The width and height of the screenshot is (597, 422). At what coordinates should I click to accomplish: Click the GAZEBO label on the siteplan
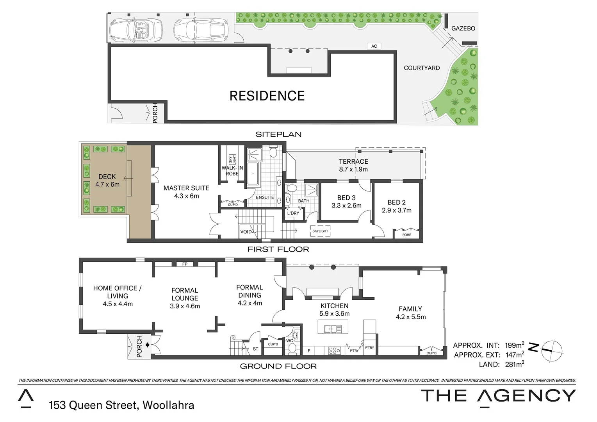[x=463, y=29]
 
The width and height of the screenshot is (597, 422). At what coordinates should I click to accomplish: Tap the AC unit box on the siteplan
[x=374, y=46]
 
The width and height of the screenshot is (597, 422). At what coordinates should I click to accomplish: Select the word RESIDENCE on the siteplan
[x=267, y=96]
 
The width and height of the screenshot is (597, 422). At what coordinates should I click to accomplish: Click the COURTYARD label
[x=422, y=68]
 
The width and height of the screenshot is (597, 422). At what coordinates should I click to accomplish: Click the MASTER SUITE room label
[x=186, y=192]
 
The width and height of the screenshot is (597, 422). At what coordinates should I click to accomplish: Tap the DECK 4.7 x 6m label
[x=107, y=181]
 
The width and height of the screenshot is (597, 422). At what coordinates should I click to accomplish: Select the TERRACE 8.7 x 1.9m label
[x=353, y=165]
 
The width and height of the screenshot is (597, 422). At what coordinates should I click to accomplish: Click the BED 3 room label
[x=346, y=202]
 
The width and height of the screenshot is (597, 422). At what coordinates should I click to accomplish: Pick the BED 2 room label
[x=396, y=206]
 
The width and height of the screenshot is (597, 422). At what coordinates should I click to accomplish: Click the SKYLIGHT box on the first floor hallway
[x=320, y=231]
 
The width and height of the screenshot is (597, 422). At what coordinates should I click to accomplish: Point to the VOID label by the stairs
[x=246, y=232]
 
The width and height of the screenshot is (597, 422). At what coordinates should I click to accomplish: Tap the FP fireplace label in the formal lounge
[x=185, y=265]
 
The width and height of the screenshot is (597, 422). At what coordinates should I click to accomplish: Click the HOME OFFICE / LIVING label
[x=118, y=296]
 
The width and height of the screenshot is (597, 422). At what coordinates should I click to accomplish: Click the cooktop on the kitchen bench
[x=334, y=350]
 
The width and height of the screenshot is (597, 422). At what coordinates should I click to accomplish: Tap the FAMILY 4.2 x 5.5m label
[x=410, y=313]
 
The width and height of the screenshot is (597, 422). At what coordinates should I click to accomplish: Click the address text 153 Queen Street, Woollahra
[x=121, y=405]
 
